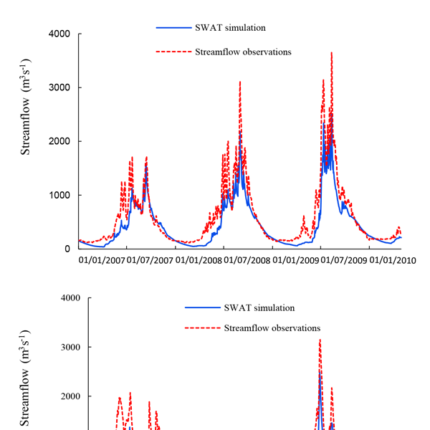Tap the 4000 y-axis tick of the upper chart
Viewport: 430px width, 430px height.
58,34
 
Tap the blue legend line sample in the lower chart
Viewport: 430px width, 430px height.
202,307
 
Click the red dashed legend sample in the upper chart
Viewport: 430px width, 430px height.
173,52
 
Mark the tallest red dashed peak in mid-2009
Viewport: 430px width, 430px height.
331,52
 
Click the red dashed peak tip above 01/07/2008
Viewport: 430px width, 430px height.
240,82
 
